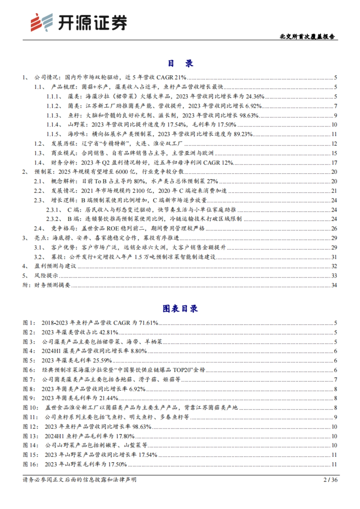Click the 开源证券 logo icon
click(41, 22)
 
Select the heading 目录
click(180, 63)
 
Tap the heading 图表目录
click(180, 308)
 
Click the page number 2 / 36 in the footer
click(331, 480)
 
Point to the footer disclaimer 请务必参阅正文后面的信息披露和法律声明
click(79, 480)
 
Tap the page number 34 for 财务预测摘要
click(334, 285)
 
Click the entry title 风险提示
click(46, 275)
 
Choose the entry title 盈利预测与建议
click(55, 266)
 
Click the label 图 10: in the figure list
click(31, 408)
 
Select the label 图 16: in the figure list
click(31, 464)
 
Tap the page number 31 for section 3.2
click(334, 257)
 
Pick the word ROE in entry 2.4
click(113, 228)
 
